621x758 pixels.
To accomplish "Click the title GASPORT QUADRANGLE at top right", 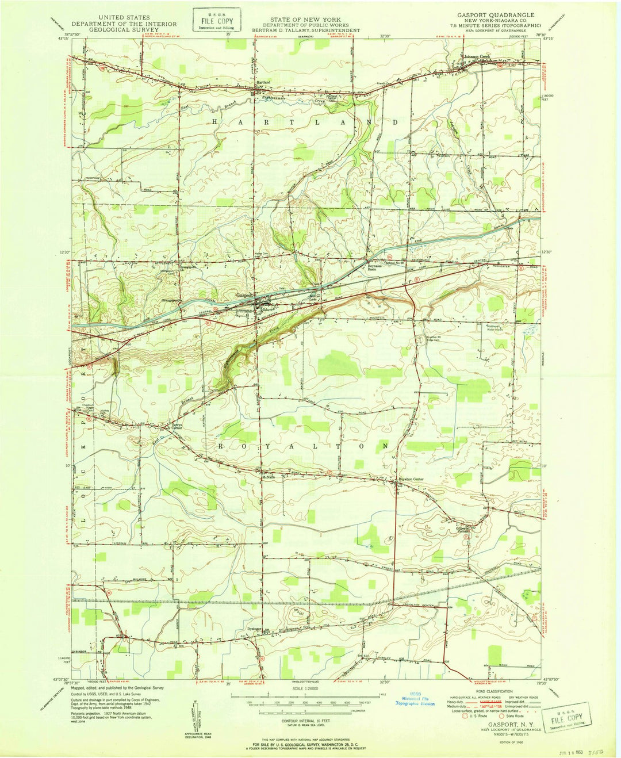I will [x=495, y=14].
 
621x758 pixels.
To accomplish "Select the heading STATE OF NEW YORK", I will [x=306, y=20].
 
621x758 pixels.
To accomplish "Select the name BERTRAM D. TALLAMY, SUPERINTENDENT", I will [x=306, y=30].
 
